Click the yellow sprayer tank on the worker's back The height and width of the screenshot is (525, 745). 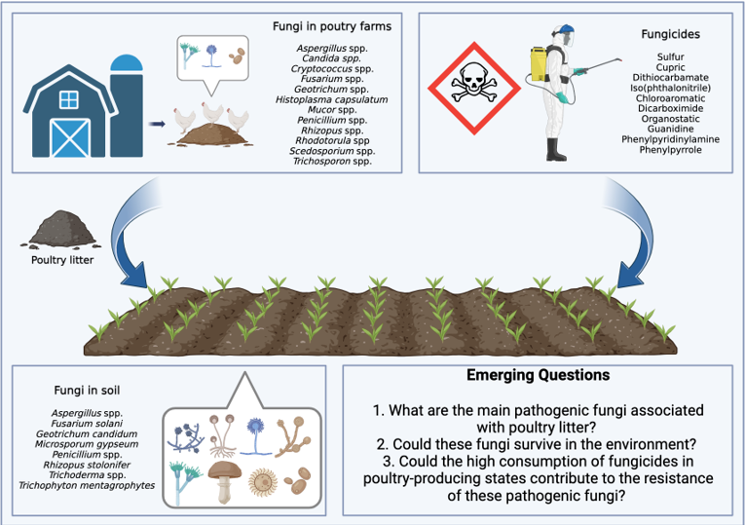[x=539, y=67]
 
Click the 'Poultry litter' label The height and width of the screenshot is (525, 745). [x=61, y=260]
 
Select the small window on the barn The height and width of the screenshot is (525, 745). [x=68, y=99]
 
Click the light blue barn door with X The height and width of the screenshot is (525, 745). [x=68, y=137]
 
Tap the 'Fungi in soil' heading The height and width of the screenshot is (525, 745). [x=87, y=392]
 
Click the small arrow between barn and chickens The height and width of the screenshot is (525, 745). [x=156, y=124]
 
